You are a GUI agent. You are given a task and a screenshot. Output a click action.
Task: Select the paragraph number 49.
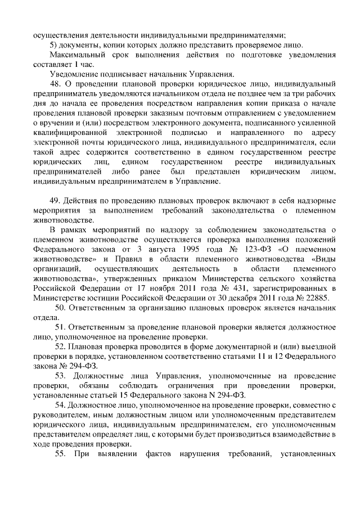[56, 201]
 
